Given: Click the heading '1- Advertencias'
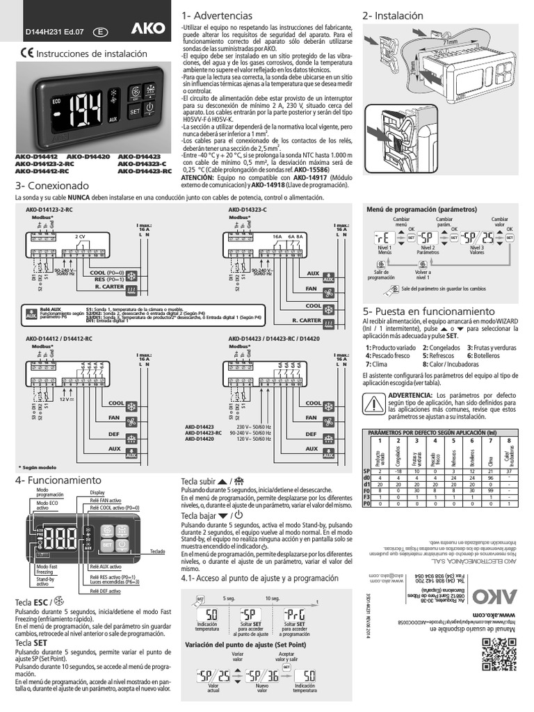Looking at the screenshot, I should (214, 16).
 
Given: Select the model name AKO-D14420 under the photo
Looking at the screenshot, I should (89, 157).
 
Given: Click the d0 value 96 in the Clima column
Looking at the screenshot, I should (490, 478).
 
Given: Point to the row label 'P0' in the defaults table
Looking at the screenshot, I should (366, 505).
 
